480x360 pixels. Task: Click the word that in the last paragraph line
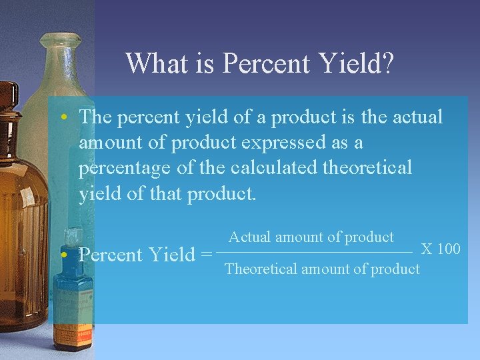pos(165,193)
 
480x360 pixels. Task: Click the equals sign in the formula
pos(206,255)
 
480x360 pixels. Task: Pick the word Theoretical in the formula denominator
pos(262,269)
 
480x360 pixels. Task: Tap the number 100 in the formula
pos(449,249)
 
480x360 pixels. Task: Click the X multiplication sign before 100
pos(427,249)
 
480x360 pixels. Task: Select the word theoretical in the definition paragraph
pos(367,168)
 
